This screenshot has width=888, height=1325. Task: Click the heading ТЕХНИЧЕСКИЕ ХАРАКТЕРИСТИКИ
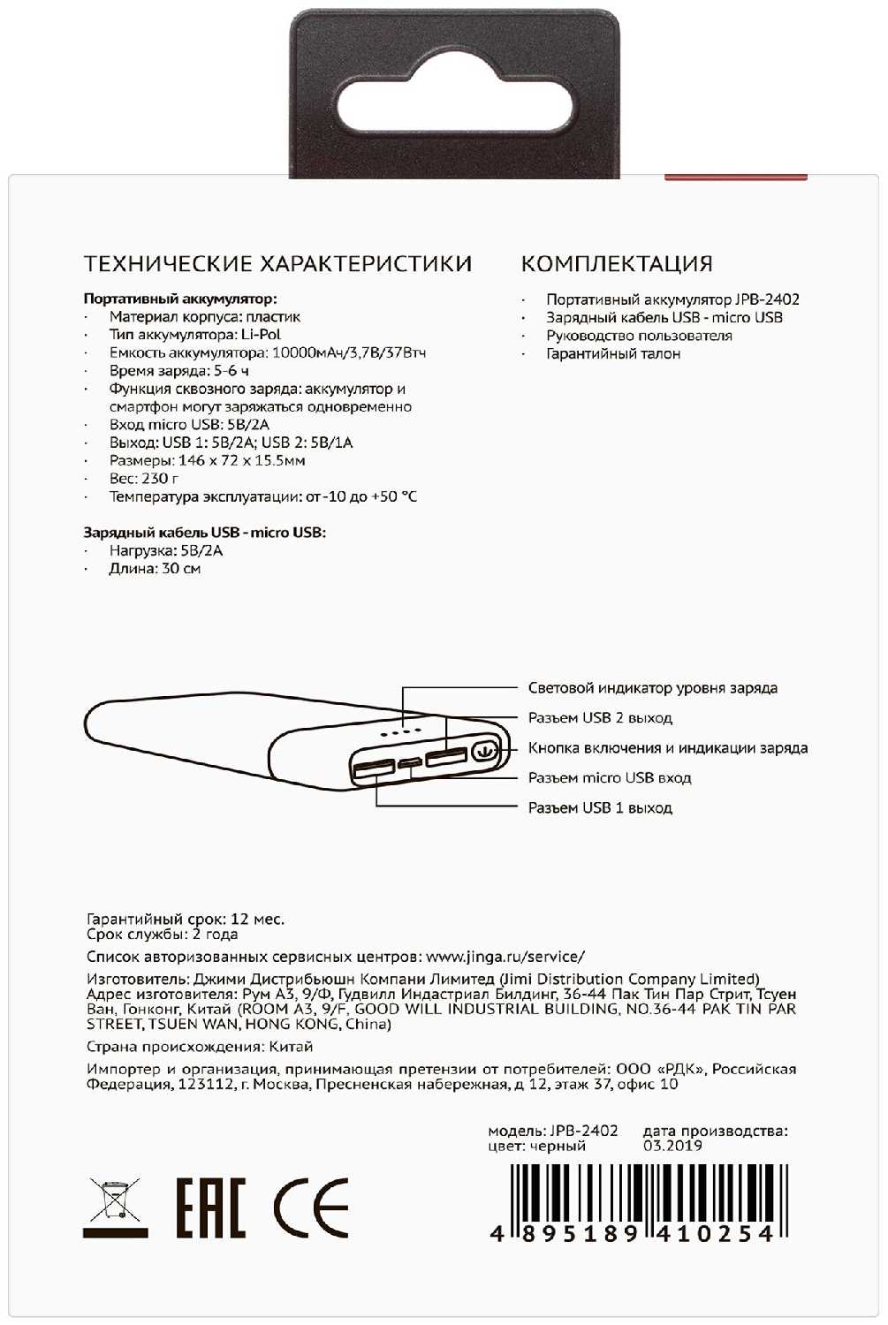[277, 263]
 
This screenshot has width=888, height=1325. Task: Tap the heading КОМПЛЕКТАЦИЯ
[617, 263]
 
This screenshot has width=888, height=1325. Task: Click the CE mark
[311, 1208]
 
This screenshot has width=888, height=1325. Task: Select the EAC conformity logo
[209, 1208]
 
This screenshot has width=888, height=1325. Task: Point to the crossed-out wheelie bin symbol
[115, 1207]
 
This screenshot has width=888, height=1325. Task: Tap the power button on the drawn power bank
[483, 752]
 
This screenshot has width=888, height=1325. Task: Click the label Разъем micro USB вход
[610, 778]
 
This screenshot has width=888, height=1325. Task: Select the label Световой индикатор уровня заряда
[653, 688]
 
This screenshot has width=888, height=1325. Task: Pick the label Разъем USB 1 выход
[600, 808]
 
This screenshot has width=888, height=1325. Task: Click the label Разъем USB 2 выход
[600, 718]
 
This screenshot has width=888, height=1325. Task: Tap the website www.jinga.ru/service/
[505, 957]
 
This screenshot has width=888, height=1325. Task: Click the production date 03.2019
[672, 1147]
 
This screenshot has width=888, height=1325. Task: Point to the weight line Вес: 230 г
[143, 479]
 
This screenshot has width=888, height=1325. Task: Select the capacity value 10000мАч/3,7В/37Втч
[349, 353]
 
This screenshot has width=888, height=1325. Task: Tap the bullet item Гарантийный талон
[613, 354]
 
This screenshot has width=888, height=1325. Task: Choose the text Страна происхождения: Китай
[200, 1047]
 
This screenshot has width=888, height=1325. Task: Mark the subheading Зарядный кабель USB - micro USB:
[204, 533]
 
